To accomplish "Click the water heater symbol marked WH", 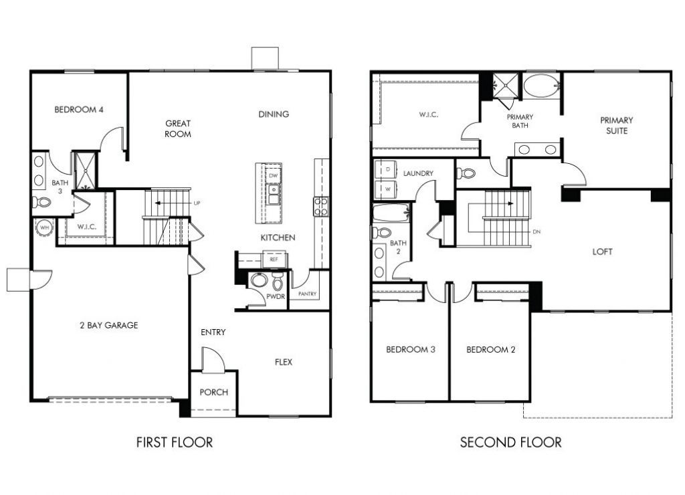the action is coord(44,227).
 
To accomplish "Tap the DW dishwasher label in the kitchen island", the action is coord(273,176).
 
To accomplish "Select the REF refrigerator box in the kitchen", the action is coord(274,259).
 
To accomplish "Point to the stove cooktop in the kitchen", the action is coord(321,206).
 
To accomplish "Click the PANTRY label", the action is coord(307,294).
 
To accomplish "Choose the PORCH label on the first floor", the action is coord(213,393).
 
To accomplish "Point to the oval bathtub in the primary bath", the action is coord(541,86).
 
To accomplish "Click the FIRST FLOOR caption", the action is coord(175,443).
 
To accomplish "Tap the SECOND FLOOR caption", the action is coord(510,443).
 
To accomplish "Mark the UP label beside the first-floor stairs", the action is coord(197,203).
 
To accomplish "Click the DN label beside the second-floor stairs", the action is coord(537,231).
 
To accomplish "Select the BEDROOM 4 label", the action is coord(79,110).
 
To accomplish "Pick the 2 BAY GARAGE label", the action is coord(109,325).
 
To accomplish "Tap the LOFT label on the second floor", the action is coord(602,252).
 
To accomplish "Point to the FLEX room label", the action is coord(284,362).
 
